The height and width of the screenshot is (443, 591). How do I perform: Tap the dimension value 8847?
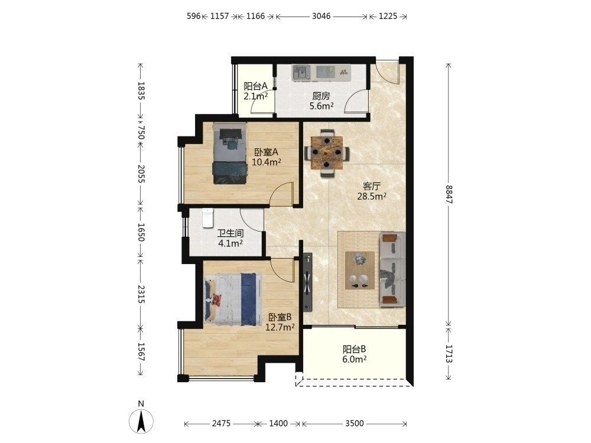[x=449, y=194]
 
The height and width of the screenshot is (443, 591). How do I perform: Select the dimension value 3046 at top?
[x=321, y=16]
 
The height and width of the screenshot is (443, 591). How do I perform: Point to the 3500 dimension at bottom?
[x=355, y=424]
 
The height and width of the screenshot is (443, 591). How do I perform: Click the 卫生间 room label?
[x=230, y=233]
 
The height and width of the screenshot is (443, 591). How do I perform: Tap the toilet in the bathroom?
[x=207, y=218]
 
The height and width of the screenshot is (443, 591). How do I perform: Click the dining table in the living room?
[x=327, y=153]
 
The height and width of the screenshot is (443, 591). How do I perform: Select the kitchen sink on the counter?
[x=301, y=72]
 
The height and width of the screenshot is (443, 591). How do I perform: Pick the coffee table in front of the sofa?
[x=360, y=271]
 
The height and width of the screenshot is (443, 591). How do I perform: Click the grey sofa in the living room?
[x=392, y=269]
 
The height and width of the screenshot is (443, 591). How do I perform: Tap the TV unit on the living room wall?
[x=308, y=282]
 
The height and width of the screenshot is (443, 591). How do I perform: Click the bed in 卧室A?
[x=229, y=154]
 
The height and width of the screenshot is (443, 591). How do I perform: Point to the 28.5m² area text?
[x=372, y=196]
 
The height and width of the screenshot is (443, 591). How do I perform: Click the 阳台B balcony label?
[x=354, y=349]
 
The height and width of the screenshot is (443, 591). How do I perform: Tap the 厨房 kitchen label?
[x=321, y=96]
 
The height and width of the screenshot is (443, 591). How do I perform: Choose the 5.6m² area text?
[x=322, y=106]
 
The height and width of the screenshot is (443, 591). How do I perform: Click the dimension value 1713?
[x=449, y=354]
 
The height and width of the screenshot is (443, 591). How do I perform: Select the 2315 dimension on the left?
[x=141, y=294]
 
